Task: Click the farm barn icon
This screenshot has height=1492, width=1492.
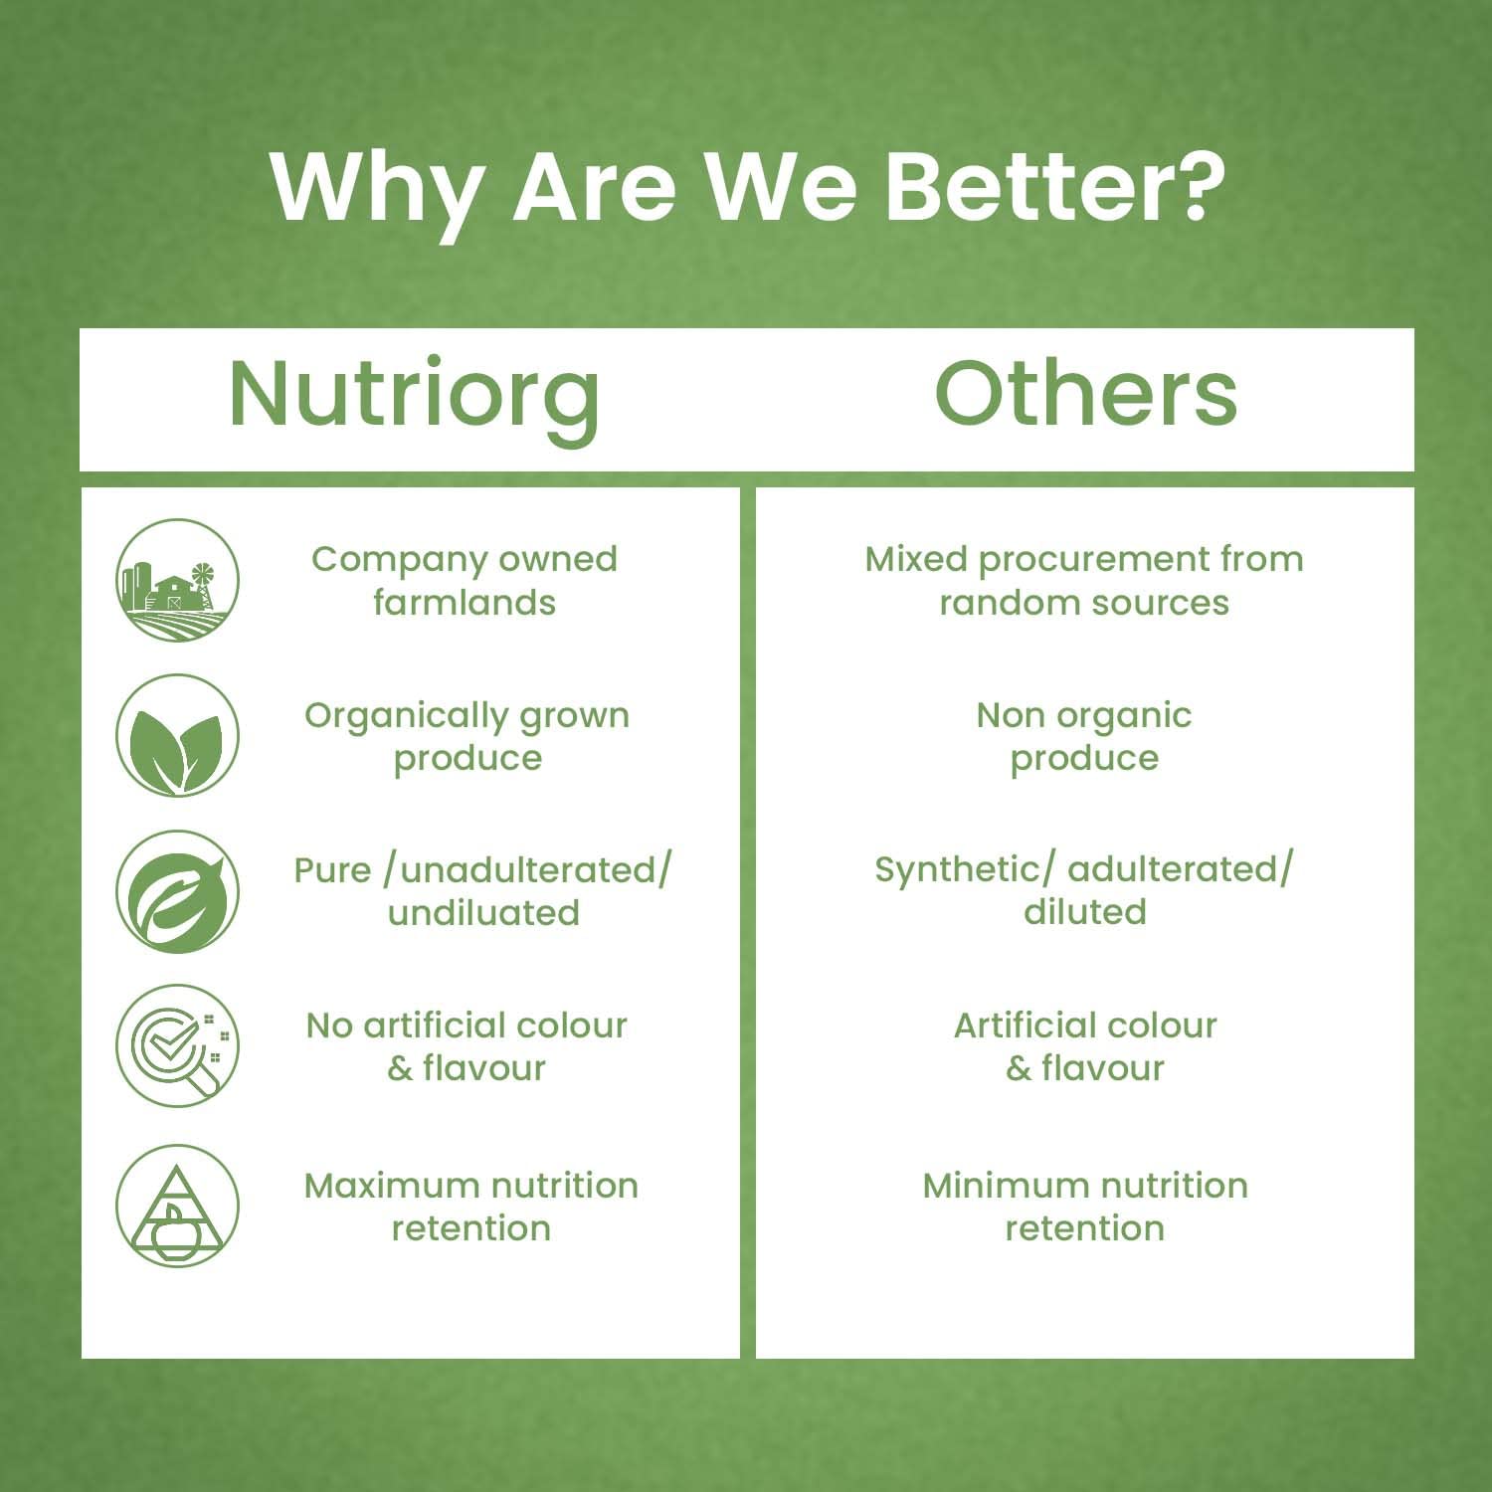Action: click(x=177, y=580)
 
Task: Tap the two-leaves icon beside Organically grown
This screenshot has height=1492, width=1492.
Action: click(x=177, y=736)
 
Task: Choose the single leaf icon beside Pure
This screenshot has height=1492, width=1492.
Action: click(x=177, y=891)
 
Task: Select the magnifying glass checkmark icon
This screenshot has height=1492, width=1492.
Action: click(x=177, y=1045)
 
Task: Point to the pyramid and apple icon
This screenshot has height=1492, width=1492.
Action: click(x=177, y=1206)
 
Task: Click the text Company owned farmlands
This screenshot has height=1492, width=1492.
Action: click(x=465, y=581)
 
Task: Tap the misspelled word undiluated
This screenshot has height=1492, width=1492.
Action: click(x=483, y=912)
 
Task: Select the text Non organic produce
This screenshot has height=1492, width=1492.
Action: click(x=1084, y=737)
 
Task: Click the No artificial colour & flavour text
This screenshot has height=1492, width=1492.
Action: click(x=466, y=1046)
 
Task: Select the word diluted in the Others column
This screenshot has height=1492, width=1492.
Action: click(x=1085, y=911)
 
